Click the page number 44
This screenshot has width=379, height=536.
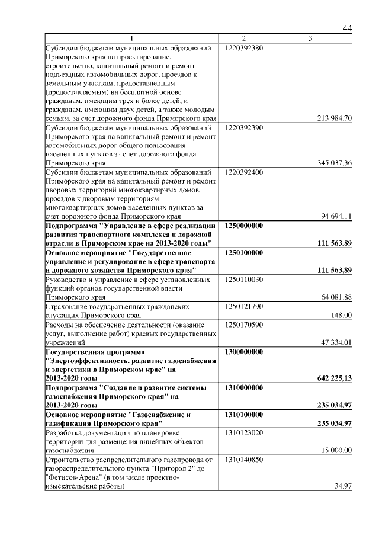click(348, 29)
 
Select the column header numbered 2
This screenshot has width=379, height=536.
click(243, 38)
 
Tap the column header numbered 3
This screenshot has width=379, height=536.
click(310, 38)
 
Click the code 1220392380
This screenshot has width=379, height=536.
click(244, 47)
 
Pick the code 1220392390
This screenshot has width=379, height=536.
click(244, 127)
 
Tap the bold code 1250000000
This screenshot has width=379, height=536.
click(244, 226)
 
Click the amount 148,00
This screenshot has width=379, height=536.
click(342, 315)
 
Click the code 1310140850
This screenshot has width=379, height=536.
click(244, 459)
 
